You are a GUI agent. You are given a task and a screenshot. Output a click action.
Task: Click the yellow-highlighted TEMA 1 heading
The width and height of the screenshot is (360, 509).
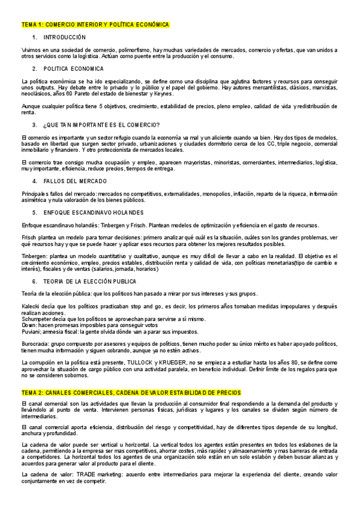pyautogui.click(x=95, y=25)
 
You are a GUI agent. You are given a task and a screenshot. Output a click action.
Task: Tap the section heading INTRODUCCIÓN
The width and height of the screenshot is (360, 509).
pyautogui.click(x=65, y=37)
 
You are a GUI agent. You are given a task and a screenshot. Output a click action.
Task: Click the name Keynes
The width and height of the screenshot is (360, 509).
pyautogui.click(x=162, y=94)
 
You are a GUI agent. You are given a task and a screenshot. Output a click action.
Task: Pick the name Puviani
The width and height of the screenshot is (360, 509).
pyautogui.click(x=31, y=331)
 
